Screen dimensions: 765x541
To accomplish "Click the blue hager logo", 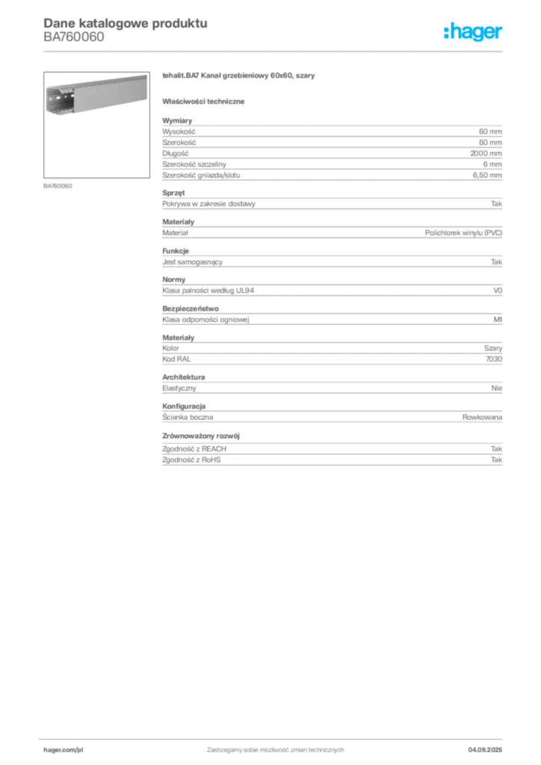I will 474,32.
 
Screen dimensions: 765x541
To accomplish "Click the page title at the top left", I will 124,22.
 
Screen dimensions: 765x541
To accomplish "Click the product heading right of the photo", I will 239,77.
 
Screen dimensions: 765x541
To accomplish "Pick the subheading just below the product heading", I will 205,101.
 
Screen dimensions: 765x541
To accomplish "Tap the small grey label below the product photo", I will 59,185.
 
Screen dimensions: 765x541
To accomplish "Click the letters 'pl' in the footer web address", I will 81,748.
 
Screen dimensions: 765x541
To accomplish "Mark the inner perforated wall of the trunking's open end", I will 60,103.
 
